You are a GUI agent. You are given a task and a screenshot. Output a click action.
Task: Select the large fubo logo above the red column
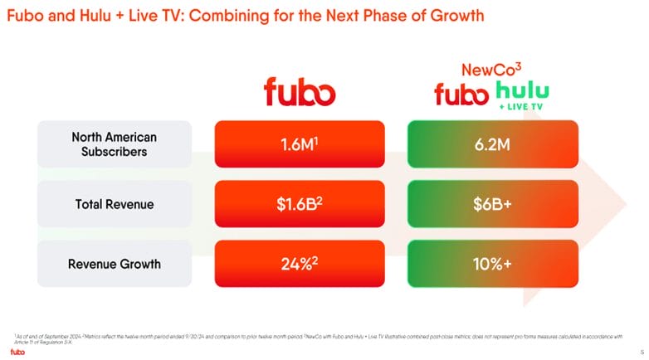[300, 92]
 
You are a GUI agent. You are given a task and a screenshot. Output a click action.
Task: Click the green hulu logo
[522, 92]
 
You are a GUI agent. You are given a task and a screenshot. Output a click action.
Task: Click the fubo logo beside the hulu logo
[463, 95]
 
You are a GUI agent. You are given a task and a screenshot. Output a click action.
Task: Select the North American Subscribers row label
[114, 144]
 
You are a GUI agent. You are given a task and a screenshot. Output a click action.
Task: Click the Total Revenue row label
[114, 203]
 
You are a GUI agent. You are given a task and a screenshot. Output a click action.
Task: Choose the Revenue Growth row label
[114, 264]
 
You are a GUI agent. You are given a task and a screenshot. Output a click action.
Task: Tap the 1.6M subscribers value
[300, 144]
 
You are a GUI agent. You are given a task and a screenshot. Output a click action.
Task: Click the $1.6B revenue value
[300, 204]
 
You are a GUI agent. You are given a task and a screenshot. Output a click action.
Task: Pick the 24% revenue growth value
[300, 264]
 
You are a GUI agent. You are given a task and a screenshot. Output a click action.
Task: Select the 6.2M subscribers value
[493, 144]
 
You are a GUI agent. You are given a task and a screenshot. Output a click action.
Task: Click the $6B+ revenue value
[493, 204]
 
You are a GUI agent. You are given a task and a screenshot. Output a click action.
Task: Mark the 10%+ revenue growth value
[493, 264]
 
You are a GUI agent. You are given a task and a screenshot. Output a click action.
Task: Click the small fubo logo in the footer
[17, 351]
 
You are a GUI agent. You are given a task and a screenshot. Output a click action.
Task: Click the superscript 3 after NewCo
[517, 65]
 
